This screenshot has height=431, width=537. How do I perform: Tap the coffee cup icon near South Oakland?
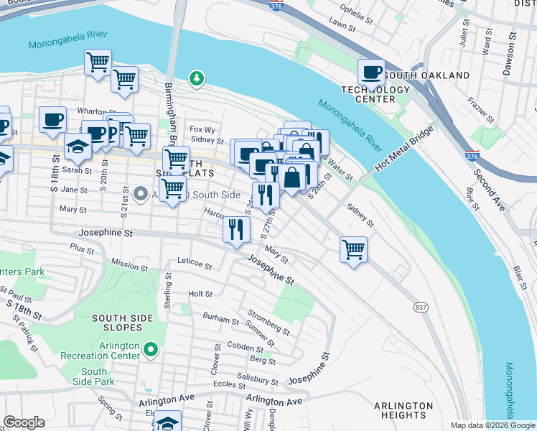372,72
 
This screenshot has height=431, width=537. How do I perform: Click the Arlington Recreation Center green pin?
150,350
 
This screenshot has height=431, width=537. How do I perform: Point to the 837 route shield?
421,307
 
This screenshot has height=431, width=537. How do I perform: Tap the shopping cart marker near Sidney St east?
353,250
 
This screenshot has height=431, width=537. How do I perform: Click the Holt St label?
200,294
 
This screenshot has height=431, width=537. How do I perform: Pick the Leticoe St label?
195,266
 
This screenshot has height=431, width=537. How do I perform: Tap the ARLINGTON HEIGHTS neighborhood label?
403,410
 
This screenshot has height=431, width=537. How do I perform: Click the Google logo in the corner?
24,422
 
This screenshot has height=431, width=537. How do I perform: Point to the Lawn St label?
342,26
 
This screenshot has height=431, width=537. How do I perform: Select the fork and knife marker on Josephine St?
235,230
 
